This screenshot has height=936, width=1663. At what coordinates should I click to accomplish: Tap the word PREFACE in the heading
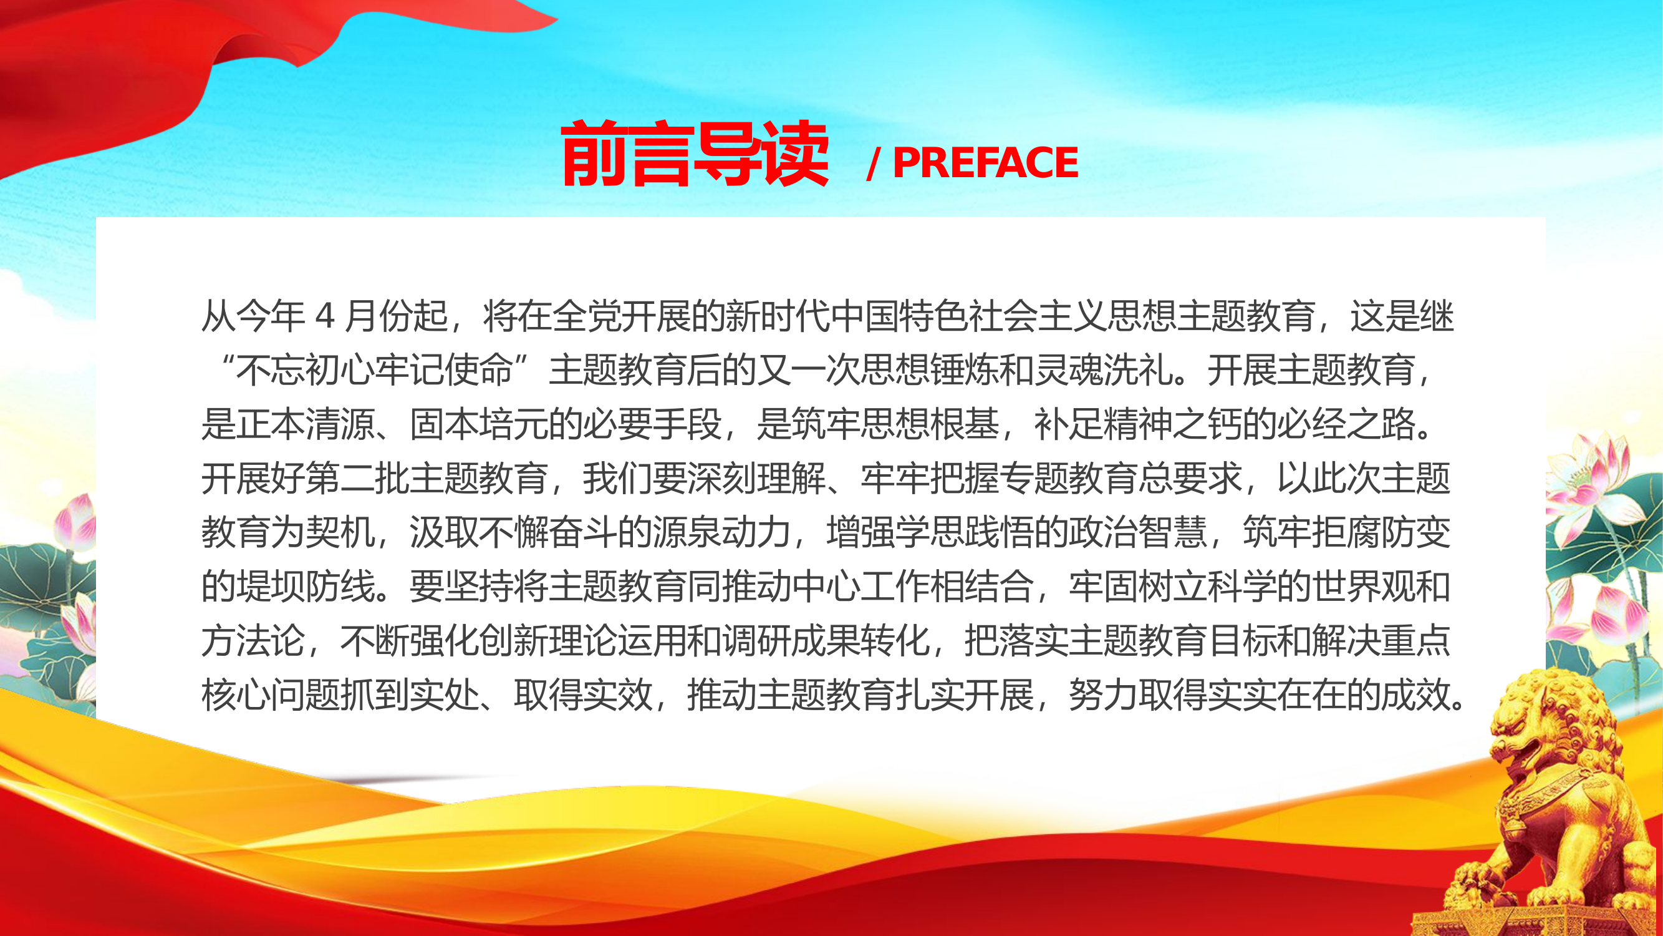985,162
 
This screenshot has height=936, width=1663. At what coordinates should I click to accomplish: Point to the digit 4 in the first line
325,316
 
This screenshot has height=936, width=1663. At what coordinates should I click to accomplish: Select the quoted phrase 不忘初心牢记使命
374,371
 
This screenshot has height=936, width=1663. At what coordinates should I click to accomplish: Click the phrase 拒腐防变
1382,533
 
